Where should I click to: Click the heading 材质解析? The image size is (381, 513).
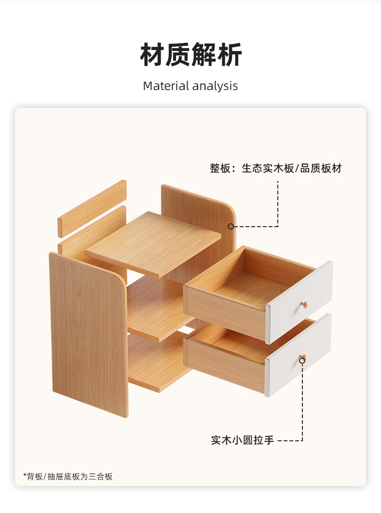pyautogui.click(x=191, y=55)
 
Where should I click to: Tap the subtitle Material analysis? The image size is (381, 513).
pyautogui.click(x=190, y=86)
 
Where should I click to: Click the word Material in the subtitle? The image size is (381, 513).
pyautogui.click(x=166, y=86)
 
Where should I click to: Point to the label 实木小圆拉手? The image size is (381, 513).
pyautogui.click(x=243, y=440)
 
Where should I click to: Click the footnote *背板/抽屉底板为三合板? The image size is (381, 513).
pyautogui.click(x=68, y=476)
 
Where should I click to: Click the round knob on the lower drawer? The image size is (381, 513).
pyautogui.click(x=302, y=359)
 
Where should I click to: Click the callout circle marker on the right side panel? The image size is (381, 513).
pyautogui.click(x=231, y=226)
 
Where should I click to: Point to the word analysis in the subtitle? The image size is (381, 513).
pyautogui.click(x=215, y=86)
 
